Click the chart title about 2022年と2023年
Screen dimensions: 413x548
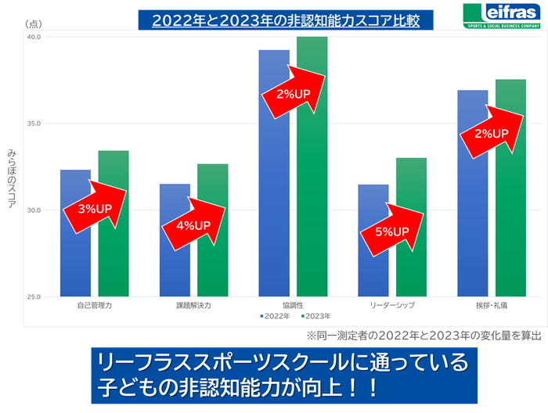[x=286, y=20]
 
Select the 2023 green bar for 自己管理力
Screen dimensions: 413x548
[x=114, y=258]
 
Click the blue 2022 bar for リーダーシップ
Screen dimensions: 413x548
[x=373, y=266]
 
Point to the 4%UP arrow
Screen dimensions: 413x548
[x=193, y=224]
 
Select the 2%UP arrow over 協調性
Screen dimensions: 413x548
[x=294, y=92]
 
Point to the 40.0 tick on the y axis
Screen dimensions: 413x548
[x=34, y=37]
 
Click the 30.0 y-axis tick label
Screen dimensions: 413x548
[x=34, y=210]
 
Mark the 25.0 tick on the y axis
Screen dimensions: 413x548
[x=34, y=297]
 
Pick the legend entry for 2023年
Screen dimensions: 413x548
[x=313, y=316]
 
